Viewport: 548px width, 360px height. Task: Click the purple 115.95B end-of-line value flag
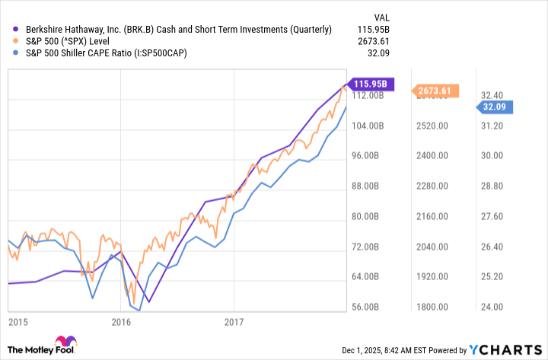click(369, 84)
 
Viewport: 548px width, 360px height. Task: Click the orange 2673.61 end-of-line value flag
click(435, 91)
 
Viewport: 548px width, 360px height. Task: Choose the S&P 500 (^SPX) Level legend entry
click(75, 41)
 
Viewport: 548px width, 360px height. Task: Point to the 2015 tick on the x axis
click(18, 322)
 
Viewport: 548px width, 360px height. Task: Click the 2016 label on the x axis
click(122, 322)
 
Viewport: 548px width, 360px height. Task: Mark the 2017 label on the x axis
click(234, 322)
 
